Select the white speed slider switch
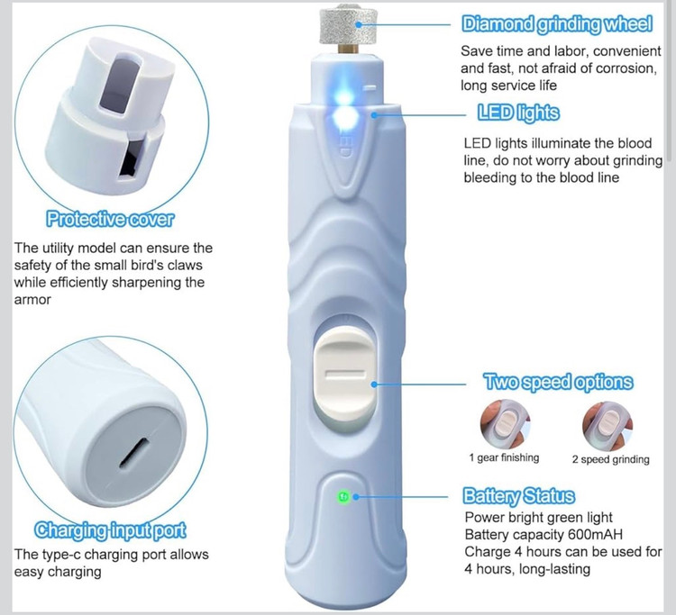pyautogui.click(x=344, y=375)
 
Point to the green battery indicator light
pyautogui.click(x=343, y=496)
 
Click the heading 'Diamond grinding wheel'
pyautogui.click(x=557, y=24)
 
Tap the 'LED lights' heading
pyautogui.click(x=518, y=113)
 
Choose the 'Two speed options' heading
pyautogui.click(x=558, y=382)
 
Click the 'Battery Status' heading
pyautogui.click(x=518, y=496)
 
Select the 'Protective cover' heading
pyautogui.click(x=110, y=219)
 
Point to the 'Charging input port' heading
pyautogui.click(x=110, y=530)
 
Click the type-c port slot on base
pyautogui.click(x=134, y=453)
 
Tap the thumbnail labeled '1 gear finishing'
pyautogui.click(x=506, y=425)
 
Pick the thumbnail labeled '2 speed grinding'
pyautogui.click(x=607, y=426)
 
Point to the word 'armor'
pyautogui.click(x=32, y=300)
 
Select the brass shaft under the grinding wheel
pyautogui.click(x=348, y=49)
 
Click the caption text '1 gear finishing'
pyautogui.click(x=504, y=457)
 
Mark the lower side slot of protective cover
pyautogui.click(x=132, y=159)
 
